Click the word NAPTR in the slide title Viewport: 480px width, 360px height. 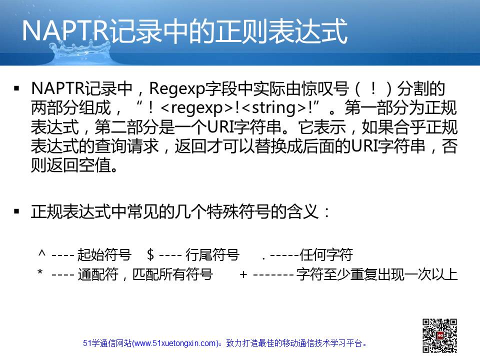tap(65, 30)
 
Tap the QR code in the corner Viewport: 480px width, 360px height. tap(439, 336)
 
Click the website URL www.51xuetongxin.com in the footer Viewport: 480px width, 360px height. tap(175, 343)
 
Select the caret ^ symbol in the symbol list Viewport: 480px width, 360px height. tap(42, 253)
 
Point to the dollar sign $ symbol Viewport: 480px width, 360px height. tap(150, 254)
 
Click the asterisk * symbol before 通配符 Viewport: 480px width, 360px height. tap(40, 271)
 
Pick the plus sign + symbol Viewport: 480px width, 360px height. tap(243, 274)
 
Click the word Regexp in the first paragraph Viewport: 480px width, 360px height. tap(176, 89)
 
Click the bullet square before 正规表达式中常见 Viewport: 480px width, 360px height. tap(16, 211)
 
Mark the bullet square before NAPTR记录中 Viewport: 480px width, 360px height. tap(16, 89)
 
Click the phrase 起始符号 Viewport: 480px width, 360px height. tap(104, 254)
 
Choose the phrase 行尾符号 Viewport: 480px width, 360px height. tap(212, 254)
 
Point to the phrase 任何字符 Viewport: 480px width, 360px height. tap(326, 254)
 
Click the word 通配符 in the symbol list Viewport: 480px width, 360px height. tap(98, 274)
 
